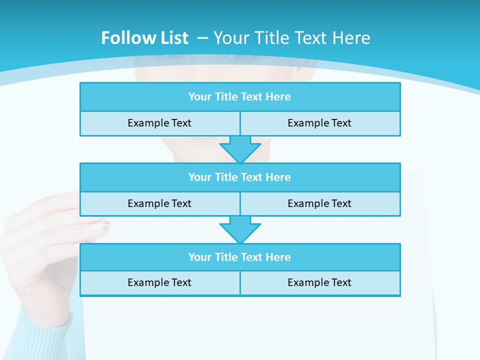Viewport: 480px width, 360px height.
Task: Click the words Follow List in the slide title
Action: coord(144,38)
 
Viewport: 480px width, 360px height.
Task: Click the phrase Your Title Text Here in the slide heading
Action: coord(292,38)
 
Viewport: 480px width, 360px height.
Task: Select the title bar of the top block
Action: coord(240,97)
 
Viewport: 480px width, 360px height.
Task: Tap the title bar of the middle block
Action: coord(240,177)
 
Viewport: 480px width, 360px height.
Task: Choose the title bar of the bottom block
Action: coord(240,257)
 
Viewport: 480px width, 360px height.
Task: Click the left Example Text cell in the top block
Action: coord(160,123)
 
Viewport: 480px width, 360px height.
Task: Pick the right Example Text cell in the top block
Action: coord(320,123)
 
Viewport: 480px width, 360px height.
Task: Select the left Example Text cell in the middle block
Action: coord(160,204)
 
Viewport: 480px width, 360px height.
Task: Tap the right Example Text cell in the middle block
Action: coord(320,204)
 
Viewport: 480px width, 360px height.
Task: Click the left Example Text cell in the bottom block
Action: coord(160,283)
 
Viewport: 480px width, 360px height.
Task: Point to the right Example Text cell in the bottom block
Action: coord(320,283)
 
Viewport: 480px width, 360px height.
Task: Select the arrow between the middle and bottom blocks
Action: coord(240,229)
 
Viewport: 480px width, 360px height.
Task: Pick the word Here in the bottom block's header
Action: coord(278,257)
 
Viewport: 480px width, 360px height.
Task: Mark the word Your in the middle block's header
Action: coord(200,177)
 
